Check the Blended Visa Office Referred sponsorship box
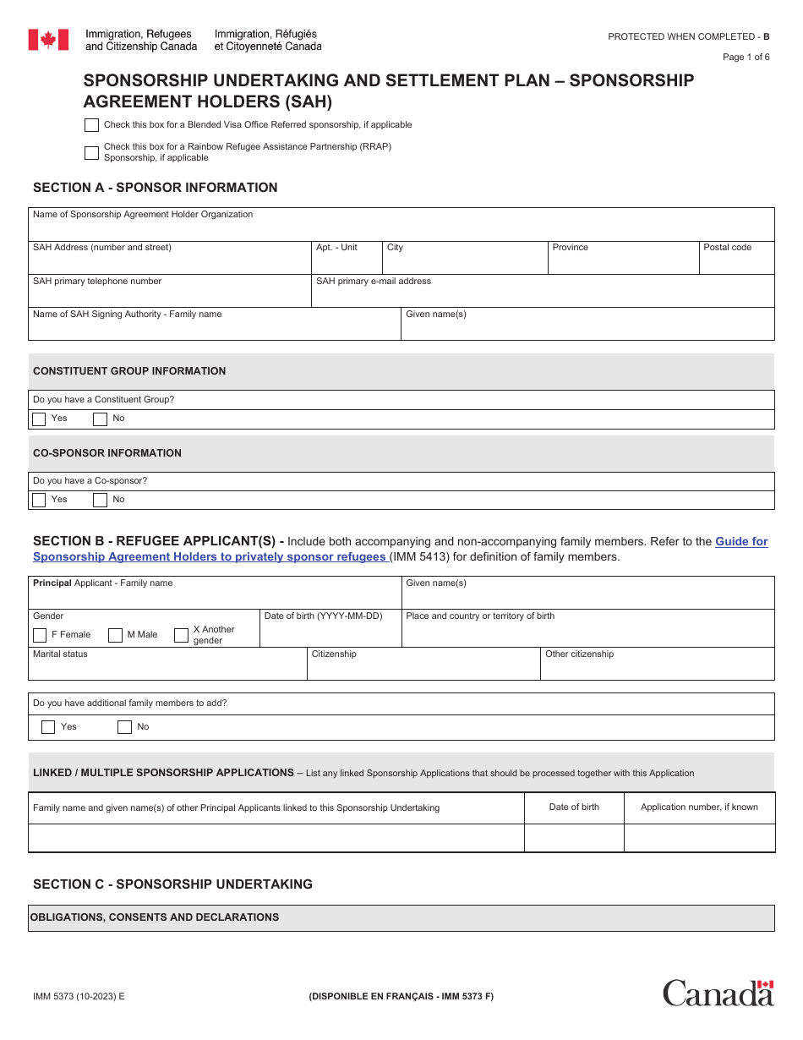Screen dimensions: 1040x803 [91, 125]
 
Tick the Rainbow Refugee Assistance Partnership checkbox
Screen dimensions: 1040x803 [91, 153]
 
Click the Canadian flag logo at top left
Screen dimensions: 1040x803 [48, 40]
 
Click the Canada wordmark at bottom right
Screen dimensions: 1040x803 [718, 992]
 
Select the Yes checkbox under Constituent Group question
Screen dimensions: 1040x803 [39, 419]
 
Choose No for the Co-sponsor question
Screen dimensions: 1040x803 [100, 500]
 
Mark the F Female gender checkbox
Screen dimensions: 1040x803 [40, 635]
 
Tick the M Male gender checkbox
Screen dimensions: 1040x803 [115, 635]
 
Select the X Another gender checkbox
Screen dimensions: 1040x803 [181, 635]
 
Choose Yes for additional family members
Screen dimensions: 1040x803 [48, 727]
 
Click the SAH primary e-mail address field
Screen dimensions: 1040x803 [543, 295]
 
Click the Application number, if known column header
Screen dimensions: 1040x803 [699, 807]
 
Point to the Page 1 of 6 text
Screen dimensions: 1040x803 [746, 57]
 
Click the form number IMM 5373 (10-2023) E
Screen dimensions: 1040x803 [79, 996]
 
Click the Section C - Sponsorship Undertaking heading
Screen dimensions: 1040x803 [172, 884]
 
